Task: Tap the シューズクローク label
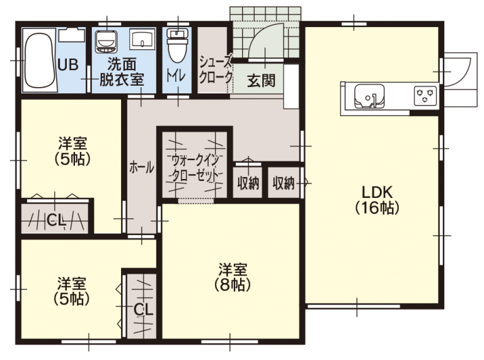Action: (x=214, y=69)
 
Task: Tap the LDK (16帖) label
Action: (x=377, y=199)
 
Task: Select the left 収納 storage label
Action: (x=248, y=183)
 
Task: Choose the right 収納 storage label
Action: (x=284, y=183)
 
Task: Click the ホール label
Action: (x=141, y=167)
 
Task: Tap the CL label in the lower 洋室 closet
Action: (x=143, y=309)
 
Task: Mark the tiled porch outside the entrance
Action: (x=265, y=16)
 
